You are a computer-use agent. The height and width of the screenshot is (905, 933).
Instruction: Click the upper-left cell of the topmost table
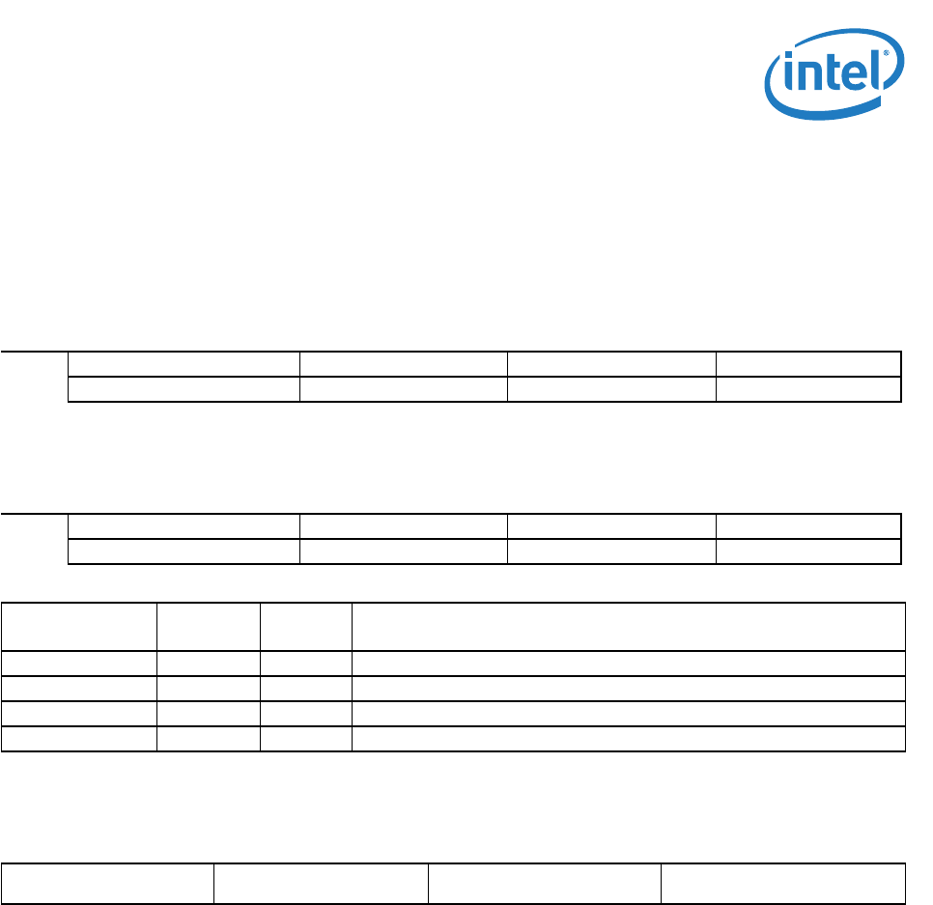coord(184,364)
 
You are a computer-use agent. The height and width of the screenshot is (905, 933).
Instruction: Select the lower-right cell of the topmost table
coord(808,389)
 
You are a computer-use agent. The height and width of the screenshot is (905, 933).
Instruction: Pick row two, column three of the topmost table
coord(611,389)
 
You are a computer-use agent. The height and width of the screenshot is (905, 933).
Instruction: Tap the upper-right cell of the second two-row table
coord(808,526)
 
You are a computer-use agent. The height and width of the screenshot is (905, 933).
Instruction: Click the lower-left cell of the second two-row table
coord(184,551)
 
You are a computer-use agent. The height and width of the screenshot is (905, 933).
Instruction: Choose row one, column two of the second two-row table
coord(404,526)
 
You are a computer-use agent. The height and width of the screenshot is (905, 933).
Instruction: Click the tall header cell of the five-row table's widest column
coord(628,627)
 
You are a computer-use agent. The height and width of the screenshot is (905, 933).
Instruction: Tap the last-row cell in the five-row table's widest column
coord(628,739)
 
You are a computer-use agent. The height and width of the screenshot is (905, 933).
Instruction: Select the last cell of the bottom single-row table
coord(783,883)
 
